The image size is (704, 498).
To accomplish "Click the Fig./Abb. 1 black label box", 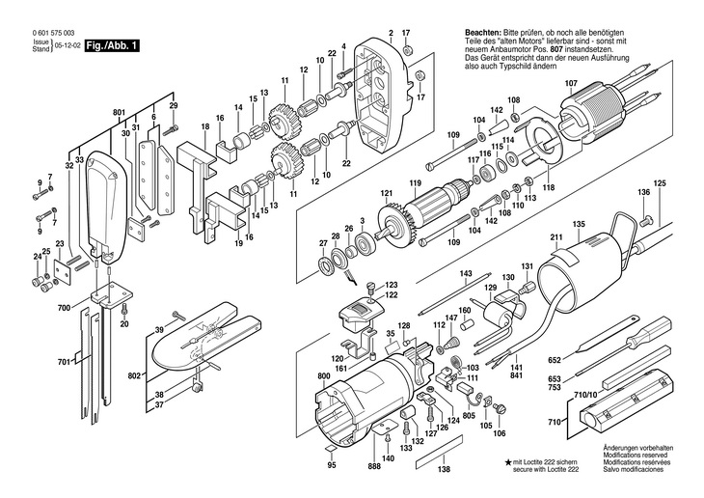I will click(x=111, y=45).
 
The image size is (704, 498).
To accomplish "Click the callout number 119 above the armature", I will click(x=416, y=183).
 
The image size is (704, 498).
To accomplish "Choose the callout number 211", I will click(x=556, y=238).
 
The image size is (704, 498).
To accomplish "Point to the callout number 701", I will click(x=64, y=362).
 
